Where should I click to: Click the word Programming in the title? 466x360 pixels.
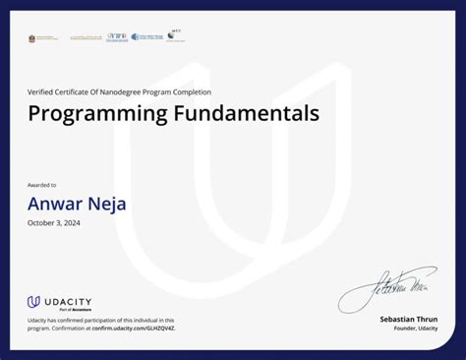[94, 114]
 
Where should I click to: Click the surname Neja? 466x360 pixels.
[108, 205]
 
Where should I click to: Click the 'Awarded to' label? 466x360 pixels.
[42, 185]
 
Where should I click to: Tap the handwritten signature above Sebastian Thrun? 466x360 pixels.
[387, 289]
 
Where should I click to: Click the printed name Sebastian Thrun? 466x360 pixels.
[409, 320]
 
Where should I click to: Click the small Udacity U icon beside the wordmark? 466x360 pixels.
[33, 302]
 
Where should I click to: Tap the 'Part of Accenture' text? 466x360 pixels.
[64, 310]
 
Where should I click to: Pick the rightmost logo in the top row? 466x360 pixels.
[176, 36]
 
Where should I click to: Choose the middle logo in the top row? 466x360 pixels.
[117, 37]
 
